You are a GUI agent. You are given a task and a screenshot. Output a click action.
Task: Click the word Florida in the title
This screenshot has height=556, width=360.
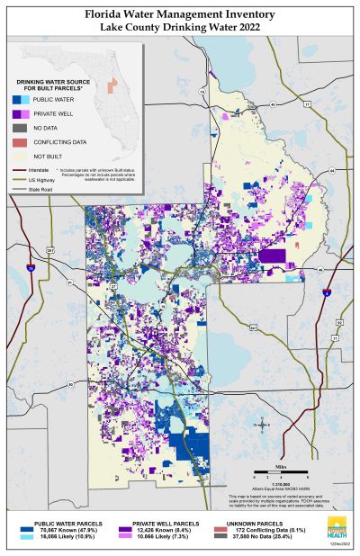(109, 15)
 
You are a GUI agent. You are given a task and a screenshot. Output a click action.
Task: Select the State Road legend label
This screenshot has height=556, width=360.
(40, 189)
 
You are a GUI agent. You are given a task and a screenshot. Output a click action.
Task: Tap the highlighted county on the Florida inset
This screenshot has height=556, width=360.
(112, 85)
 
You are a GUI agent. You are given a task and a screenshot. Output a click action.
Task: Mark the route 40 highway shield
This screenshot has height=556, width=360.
(331, 168)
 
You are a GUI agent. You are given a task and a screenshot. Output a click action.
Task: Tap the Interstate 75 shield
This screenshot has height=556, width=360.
(31, 268)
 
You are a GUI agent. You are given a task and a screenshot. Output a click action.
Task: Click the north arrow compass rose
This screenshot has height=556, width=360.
(261, 423)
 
